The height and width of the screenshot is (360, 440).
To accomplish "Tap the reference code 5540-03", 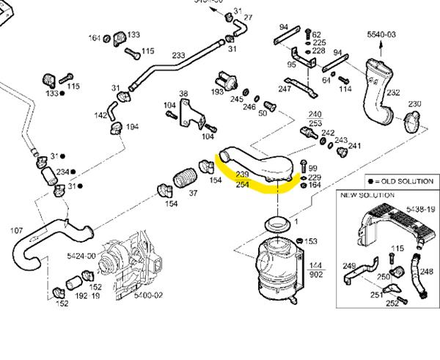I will (x=381, y=34).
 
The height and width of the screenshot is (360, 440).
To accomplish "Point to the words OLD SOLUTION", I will (x=408, y=181).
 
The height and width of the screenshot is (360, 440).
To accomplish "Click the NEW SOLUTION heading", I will (x=367, y=195).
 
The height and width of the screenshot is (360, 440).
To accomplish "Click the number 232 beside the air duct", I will (x=394, y=92).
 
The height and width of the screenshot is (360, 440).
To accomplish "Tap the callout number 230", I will (x=415, y=103).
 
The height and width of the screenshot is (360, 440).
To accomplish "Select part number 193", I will (x=217, y=92).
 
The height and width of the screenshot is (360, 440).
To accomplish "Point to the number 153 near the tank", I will (x=311, y=241).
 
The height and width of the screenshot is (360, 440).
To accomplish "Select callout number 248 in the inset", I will (x=427, y=251).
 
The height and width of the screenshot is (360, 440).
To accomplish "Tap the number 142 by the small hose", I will (x=101, y=116).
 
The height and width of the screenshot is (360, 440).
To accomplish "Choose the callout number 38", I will (x=183, y=93).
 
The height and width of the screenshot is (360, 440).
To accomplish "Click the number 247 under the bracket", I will (x=285, y=89).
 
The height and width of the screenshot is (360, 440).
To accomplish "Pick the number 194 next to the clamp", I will (x=133, y=127).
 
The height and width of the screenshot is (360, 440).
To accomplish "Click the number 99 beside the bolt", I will (x=313, y=169).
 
